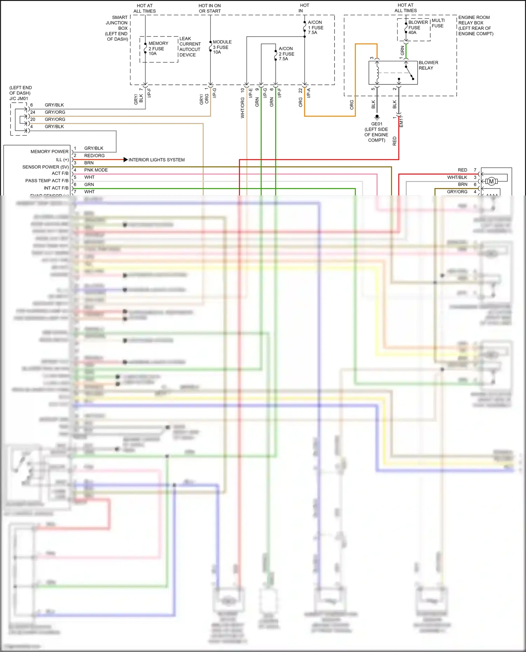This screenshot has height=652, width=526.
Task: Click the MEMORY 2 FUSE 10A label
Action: pos(158,48)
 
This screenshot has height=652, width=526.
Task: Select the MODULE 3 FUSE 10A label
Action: pos(222,47)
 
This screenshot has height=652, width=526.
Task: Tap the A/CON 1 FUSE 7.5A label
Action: pos(315,27)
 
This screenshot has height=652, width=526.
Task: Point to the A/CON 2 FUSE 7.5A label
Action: pos(286,54)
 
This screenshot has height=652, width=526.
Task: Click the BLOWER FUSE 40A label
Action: pos(418,27)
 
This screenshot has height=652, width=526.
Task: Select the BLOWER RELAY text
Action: pos(428,65)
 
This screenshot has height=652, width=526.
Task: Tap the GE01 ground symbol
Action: pos(377,117)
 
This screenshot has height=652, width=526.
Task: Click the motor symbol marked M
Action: pos(491,181)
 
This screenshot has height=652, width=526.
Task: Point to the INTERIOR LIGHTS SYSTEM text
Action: pos(156,160)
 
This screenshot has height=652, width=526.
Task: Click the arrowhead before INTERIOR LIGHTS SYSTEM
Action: pos(126,160)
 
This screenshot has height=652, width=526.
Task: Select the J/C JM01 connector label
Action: pos(19,98)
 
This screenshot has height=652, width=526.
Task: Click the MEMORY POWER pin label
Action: pos(49,152)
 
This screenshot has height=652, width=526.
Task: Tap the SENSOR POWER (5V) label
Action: pos(45,167)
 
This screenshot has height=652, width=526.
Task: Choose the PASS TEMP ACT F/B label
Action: pos(47,181)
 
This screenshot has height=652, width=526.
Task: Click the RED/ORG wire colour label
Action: pos(94,156)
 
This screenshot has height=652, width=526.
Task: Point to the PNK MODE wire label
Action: pos(96,170)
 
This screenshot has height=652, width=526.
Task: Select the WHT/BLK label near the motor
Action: pos(457,177)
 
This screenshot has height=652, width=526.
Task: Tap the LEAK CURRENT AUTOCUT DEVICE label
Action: pos(190,47)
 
